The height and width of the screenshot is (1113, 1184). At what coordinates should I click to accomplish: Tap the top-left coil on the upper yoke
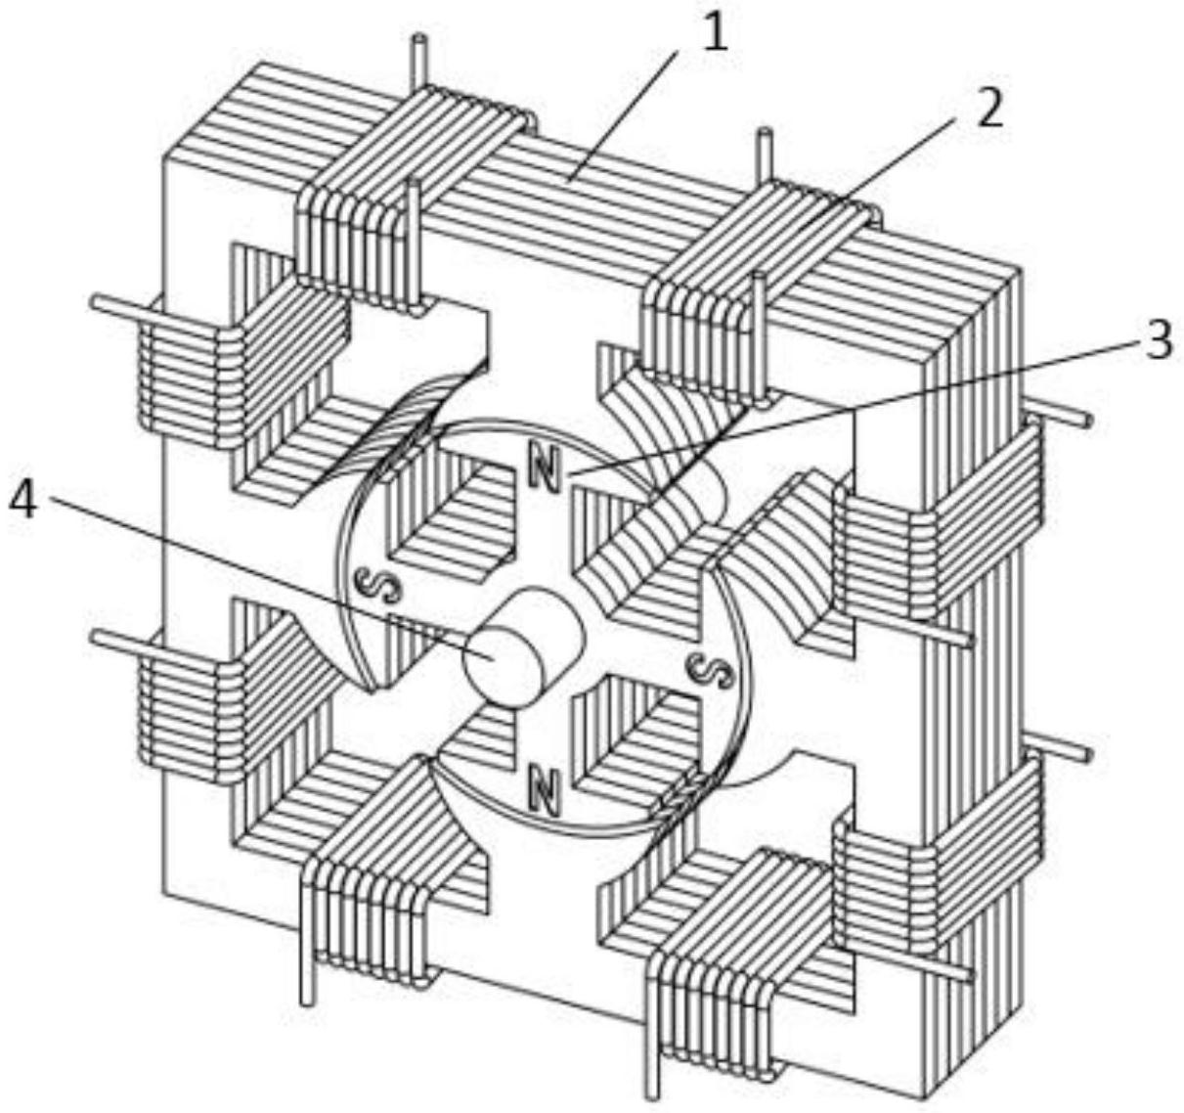(x=412, y=197)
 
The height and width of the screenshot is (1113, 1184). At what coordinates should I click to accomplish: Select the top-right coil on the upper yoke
(x=760, y=281)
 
